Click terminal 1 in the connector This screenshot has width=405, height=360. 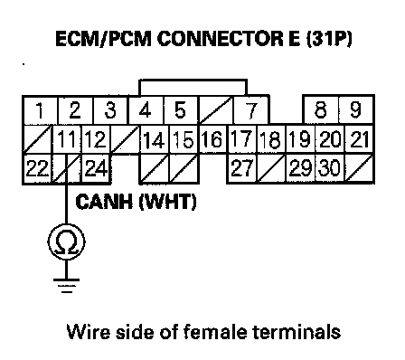click(x=40, y=110)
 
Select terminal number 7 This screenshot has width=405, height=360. click(x=251, y=110)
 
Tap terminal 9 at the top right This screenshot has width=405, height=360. click(x=356, y=110)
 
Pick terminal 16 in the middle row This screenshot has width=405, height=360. click(x=212, y=139)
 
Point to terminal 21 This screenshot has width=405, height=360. click(x=359, y=139)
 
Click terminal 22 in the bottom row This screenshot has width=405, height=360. click(x=38, y=168)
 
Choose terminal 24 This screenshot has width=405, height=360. click(x=96, y=168)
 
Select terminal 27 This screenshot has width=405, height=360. click(x=242, y=168)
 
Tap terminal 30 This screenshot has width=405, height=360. click(x=330, y=168)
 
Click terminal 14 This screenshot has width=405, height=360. click(x=155, y=139)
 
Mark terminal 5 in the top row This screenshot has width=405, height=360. click(x=181, y=110)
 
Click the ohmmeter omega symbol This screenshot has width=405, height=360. click(x=66, y=242)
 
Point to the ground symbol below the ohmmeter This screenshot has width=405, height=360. click(x=66, y=286)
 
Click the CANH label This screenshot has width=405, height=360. click(x=104, y=202)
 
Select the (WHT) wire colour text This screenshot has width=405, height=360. click(x=167, y=202)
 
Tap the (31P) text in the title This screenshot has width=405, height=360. click(x=329, y=39)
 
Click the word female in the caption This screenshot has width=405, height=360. click(x=216, y=331)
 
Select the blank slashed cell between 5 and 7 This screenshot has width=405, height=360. click(x=216, y=110)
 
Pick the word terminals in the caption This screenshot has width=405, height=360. click(x=297, y=331)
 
